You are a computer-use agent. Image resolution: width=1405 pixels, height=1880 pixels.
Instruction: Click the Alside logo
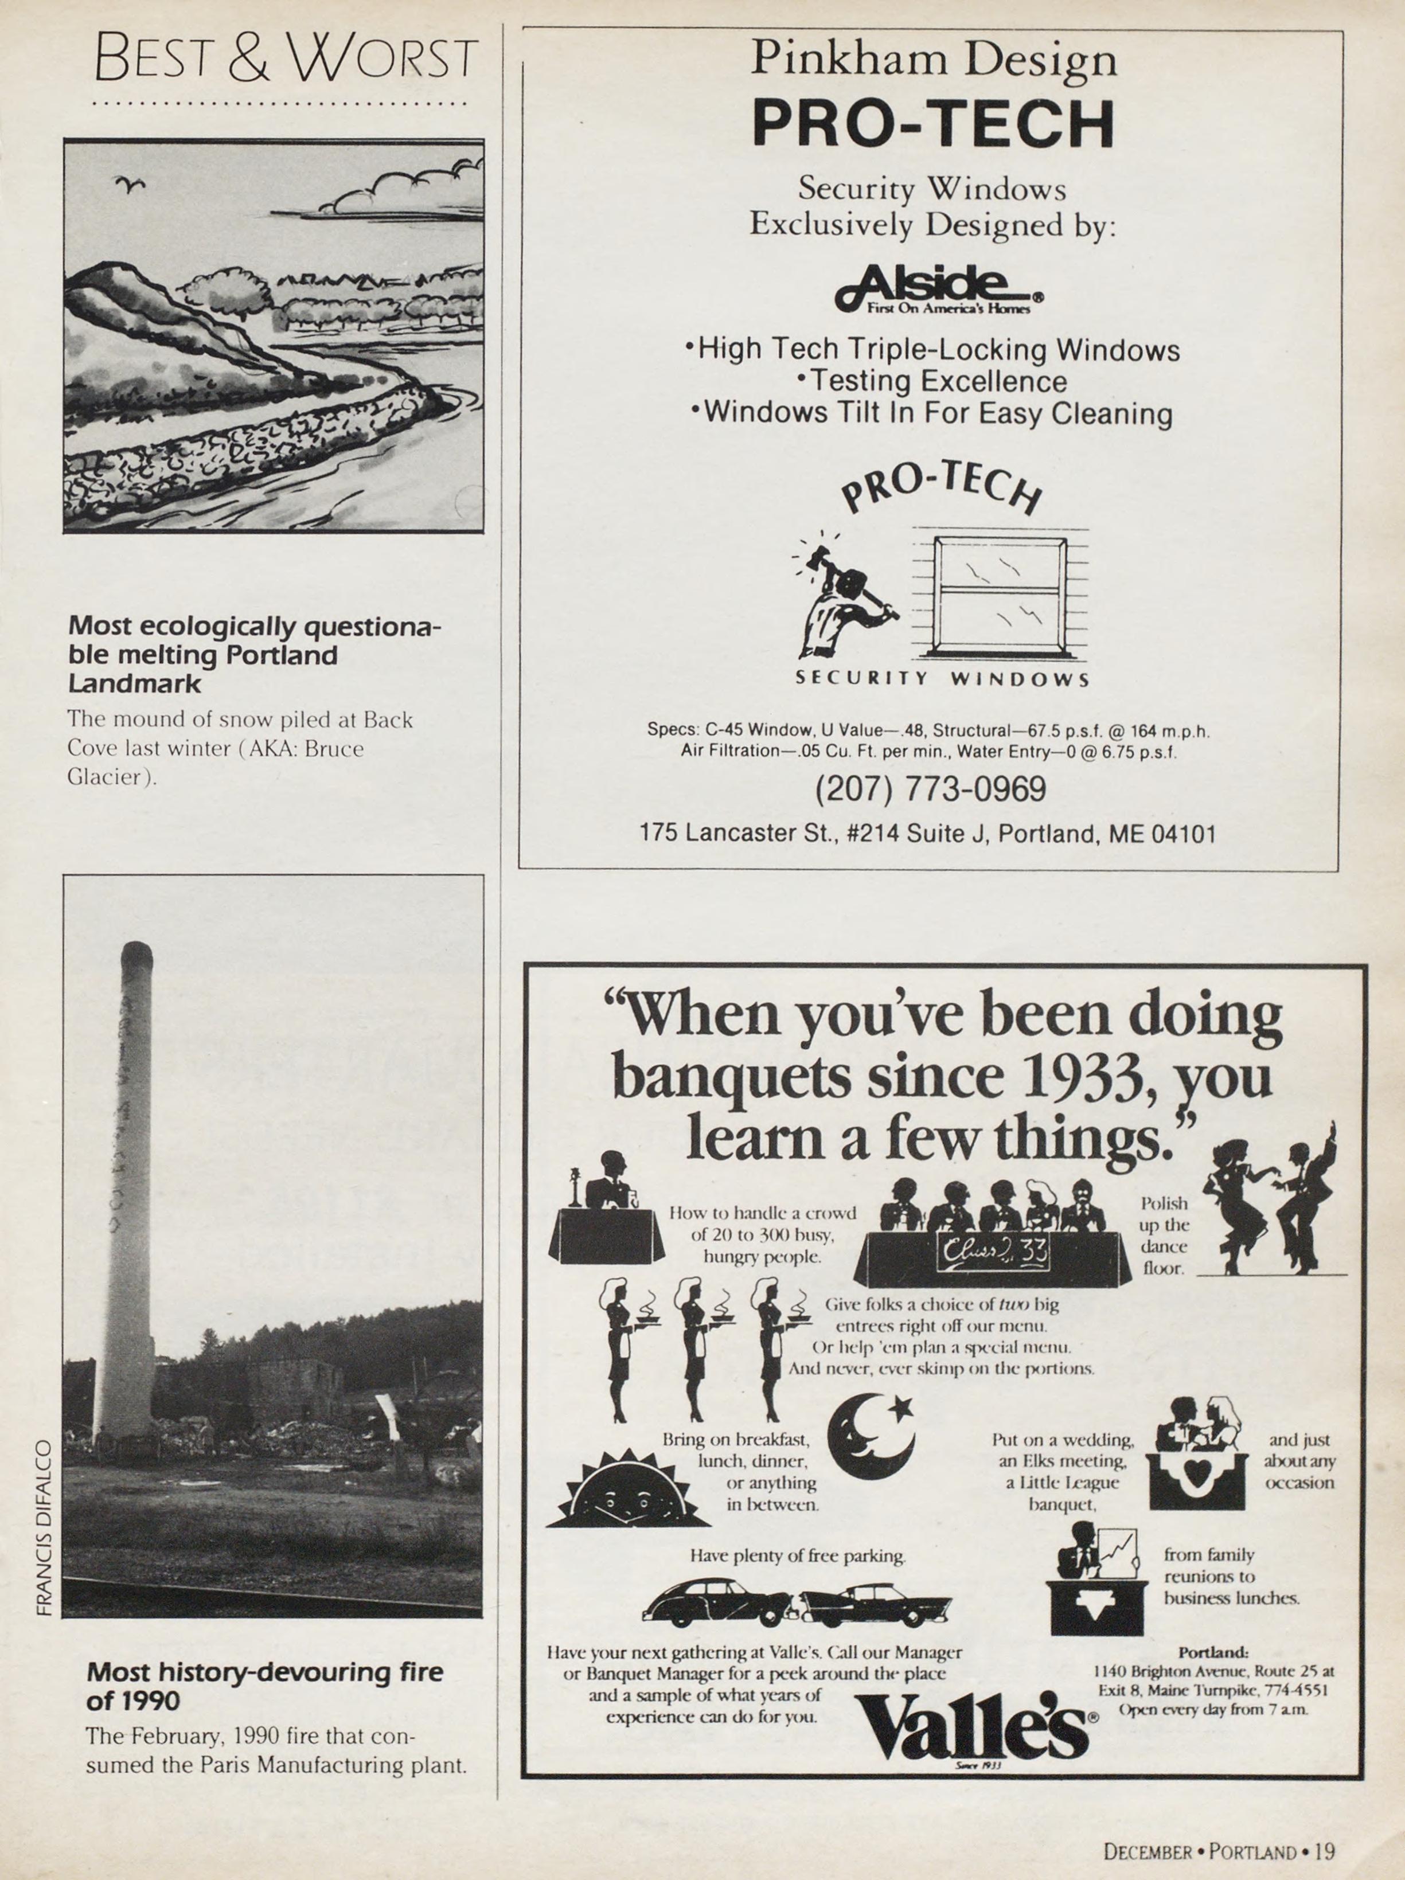tap(938, 289)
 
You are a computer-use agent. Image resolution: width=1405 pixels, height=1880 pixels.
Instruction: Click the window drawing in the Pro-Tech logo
tap(1000, 597)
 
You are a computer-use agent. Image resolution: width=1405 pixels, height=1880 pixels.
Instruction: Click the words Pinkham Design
tap(933, 60)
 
